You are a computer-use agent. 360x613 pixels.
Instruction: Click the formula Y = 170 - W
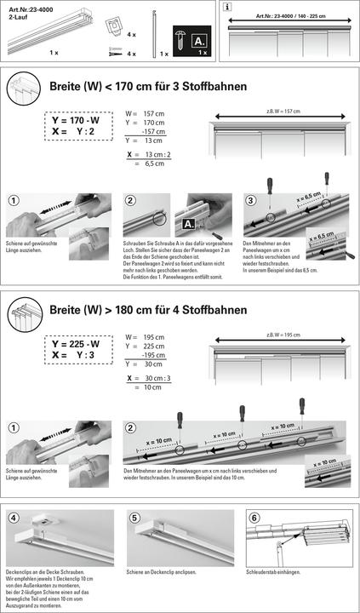pos(76,121)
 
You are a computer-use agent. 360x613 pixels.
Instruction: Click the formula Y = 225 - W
pos(76,344)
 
